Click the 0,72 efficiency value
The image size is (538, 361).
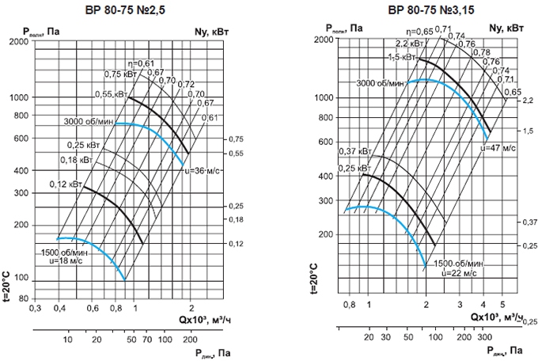coord(186,84)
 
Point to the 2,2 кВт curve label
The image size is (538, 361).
coord(401,44)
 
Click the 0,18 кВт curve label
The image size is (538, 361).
coord(74,161)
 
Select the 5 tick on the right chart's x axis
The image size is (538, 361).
coord(502,304)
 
